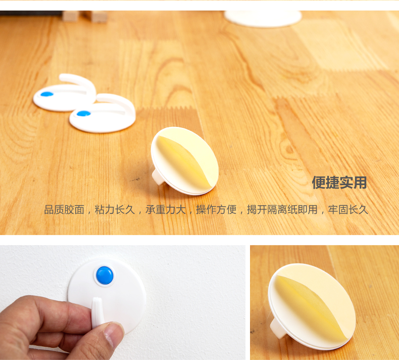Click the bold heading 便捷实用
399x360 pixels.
tap(339, 183)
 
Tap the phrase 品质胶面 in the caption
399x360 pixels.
tap(64, 210)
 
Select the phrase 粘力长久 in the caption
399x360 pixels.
tap(115, 210)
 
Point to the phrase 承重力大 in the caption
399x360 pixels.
tap(166, 210)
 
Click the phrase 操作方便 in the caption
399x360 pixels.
tap(216, 210)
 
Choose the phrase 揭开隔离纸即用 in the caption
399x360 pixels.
tap(282, 210)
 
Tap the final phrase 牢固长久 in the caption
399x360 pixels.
tap(348, 210)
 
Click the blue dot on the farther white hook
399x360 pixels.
tap(47, 94)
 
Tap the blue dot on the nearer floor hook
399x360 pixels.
tap(83, 114)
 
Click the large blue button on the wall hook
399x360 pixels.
tap(105, 276)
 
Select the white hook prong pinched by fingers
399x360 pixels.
tap(97, 311)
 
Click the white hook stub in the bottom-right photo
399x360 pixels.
tap(278, 329)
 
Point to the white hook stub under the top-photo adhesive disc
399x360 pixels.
tap(158, 177)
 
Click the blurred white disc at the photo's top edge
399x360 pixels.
tap(263, 19)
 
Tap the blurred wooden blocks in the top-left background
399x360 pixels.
tap(85, 16)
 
